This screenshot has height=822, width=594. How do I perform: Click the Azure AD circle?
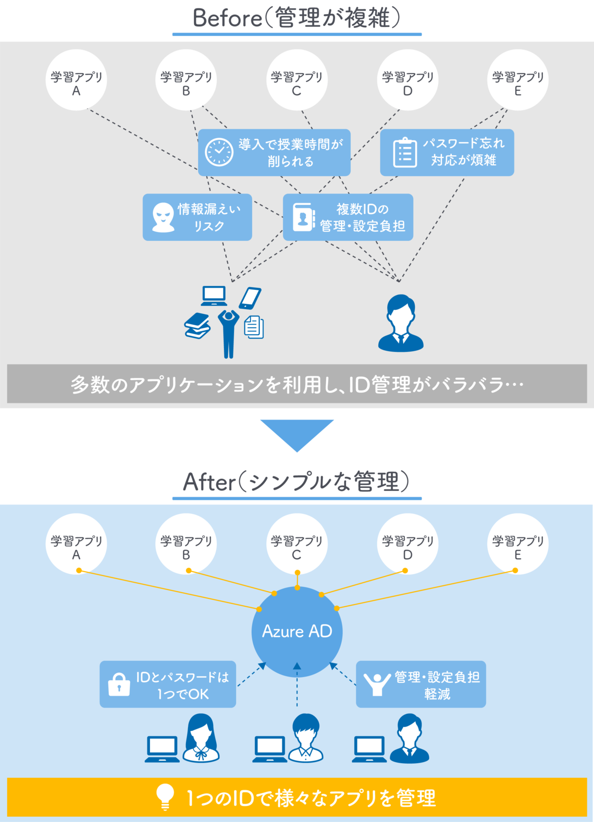pos(297,631)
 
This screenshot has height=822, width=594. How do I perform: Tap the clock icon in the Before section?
pos(219,152)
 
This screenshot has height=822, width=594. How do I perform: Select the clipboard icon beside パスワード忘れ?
pos(405,153)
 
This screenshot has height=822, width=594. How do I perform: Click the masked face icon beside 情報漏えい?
pos(163,217)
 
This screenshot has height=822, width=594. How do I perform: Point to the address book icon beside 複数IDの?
pos(304,217)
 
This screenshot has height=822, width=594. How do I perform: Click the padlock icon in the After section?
pos(119,684)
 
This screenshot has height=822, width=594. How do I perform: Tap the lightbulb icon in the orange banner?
pos(165,796)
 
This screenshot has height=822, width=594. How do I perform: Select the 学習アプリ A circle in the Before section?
pos(76,80)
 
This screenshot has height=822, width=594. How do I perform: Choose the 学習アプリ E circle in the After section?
pos(517,544)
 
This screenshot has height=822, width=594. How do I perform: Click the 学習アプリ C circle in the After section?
pos(296,544)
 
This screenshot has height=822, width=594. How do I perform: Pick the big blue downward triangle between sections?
pos(297,434)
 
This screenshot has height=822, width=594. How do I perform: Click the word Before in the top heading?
pos(227,18)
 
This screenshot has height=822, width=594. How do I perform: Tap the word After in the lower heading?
pos(209,482)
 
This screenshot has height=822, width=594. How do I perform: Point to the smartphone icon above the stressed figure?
pos(250,298)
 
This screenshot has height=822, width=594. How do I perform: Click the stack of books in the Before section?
pos(197,326)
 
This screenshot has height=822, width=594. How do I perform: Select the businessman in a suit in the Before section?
pos(401,323)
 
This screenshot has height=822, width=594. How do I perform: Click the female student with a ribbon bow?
pos(201,738)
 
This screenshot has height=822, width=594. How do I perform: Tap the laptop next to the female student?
pos(162,749)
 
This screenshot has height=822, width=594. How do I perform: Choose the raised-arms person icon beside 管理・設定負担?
pos(377,684)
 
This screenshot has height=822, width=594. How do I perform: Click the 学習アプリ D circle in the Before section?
pos(407,80)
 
